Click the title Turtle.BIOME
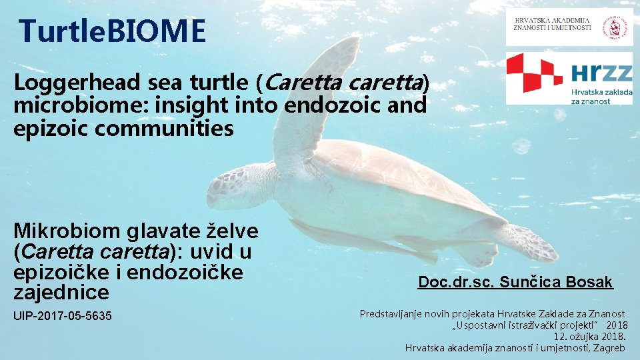click(x=112, y=31)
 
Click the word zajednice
click(x=61, y=292)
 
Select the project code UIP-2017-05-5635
click(x=63, y=315)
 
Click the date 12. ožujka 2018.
click(x=591, y=336)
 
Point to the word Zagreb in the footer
click(x=607, y=347)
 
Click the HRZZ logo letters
click(x=601, y=71)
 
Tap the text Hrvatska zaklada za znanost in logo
click(x=601, y=96)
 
